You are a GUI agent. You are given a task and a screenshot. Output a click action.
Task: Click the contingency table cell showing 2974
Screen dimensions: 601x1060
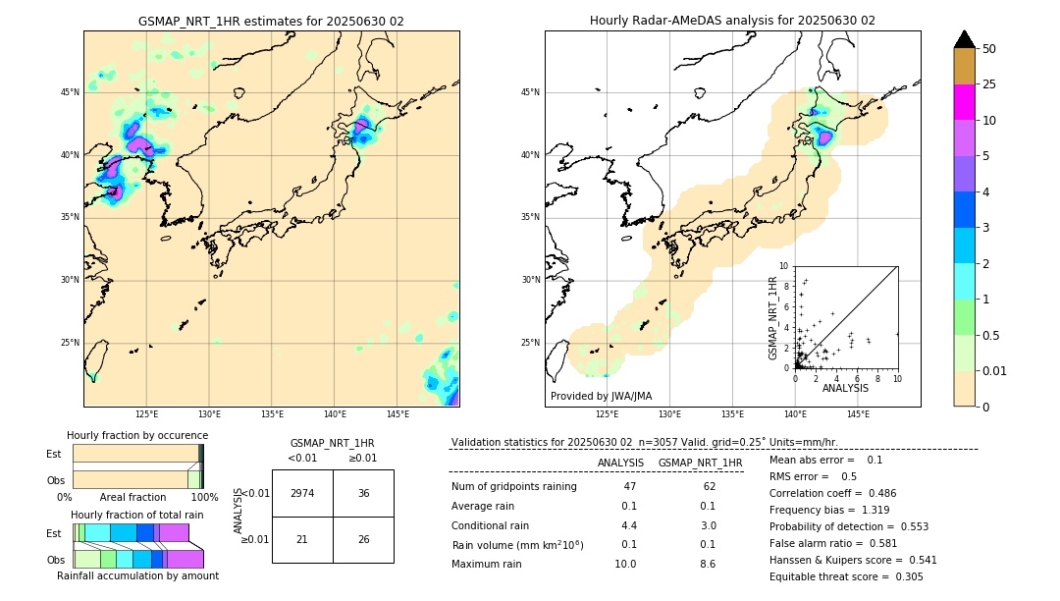coord(302,493)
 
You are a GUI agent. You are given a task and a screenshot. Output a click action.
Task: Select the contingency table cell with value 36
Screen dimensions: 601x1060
coord(363,493)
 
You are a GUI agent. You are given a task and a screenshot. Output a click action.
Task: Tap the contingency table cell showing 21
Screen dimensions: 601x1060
coord(302,539)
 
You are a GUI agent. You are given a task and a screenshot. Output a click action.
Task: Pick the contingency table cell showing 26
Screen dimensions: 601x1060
coord(363,539)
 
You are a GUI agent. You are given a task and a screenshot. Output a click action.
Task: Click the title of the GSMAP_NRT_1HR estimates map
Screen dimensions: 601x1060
coord(271,21)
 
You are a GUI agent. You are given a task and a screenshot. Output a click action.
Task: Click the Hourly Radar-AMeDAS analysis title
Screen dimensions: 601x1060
coord(732,21)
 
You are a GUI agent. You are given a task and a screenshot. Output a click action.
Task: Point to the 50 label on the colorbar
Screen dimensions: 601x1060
coord(989,48)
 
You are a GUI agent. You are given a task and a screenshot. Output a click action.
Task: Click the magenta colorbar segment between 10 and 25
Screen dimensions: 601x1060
coord(964,102)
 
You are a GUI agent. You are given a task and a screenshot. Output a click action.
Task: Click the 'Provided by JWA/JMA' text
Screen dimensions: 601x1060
coord(601,396)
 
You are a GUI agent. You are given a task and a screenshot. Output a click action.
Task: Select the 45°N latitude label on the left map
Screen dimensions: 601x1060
coord(69,92)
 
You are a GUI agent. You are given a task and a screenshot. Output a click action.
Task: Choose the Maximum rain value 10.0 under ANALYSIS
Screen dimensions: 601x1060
coord(624,564)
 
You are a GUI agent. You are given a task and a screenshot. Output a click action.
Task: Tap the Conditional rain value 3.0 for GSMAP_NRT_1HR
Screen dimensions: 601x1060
coord(707,525)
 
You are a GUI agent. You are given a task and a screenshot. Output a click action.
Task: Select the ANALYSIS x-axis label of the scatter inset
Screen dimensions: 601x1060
coord(845,388)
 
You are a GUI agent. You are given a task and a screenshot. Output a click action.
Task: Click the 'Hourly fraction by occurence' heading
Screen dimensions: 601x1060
coord(137,435)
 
